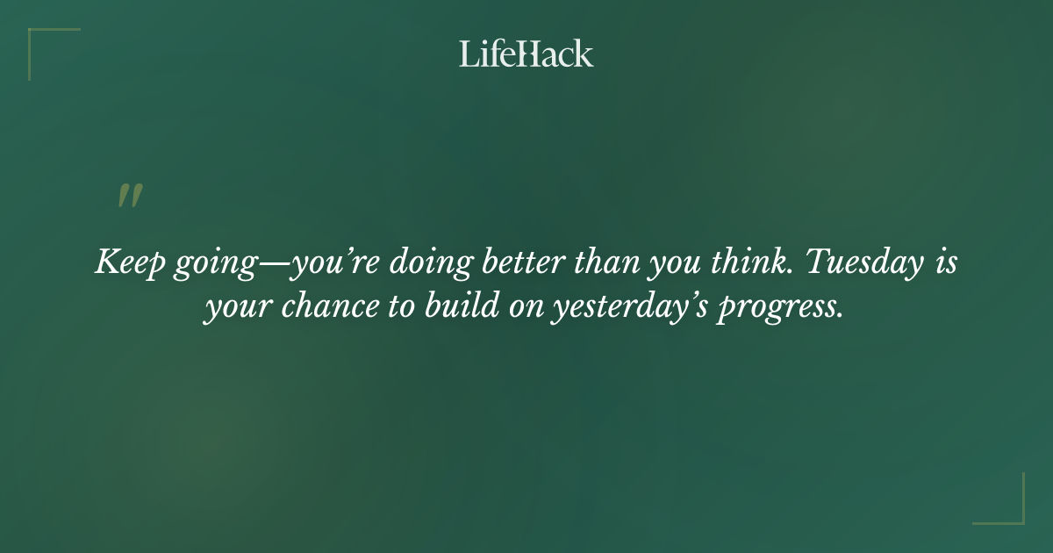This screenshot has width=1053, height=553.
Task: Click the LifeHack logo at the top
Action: click(x=526, y=54)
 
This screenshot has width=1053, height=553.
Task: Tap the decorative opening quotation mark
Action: click(x=130, y=196)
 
